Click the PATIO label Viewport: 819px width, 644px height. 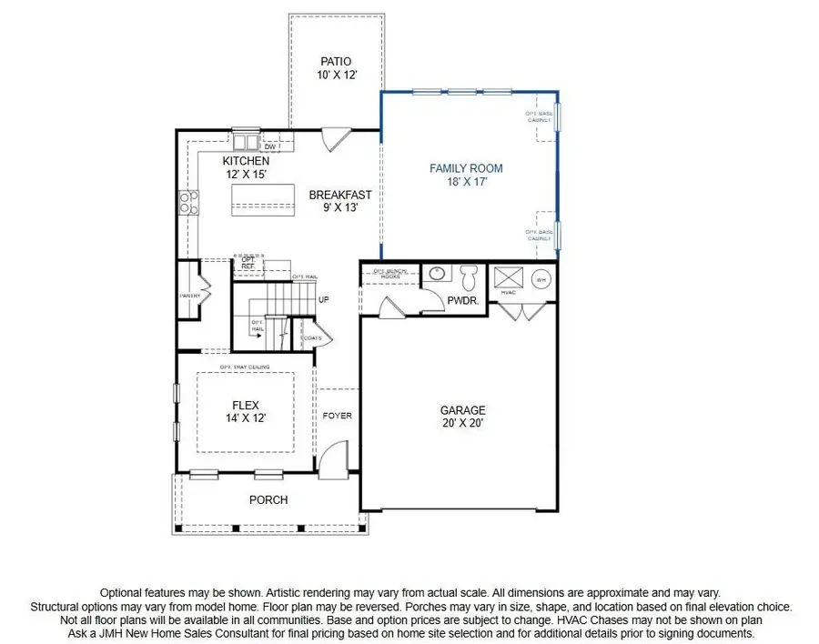(335, 61)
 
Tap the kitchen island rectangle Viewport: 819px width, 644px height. (264, 198)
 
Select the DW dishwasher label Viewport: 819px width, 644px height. (270, 146)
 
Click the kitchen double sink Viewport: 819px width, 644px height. (245, 143)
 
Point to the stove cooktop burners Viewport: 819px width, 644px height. (188, 203)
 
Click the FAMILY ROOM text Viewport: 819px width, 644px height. (466, 168)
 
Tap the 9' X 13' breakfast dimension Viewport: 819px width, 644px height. (339, 208)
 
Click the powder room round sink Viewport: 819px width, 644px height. (437, 274)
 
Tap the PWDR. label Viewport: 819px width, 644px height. (461, 298)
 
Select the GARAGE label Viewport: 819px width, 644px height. (463, 410)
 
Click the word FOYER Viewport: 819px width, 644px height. (337, 416)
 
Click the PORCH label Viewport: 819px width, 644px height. (268, 499)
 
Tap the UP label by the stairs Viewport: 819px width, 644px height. (324, 300)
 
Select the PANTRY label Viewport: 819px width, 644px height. (189, 296)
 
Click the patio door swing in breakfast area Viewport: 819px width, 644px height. (334, 139)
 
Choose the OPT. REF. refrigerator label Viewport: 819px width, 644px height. (248, 262)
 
